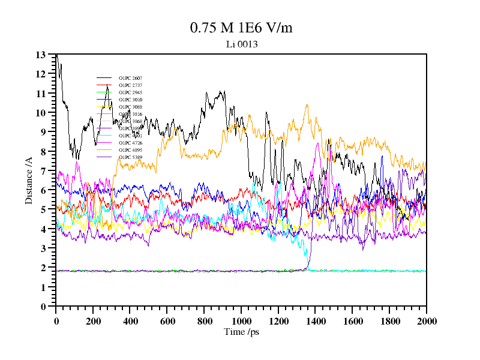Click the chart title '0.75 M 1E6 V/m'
click(x=241, y=28)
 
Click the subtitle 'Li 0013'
click(x=241, y=44)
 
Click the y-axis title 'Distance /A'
click(x=29, y=180)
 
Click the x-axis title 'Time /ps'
click(x=241, y=331)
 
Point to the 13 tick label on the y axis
click(x=41, y=55)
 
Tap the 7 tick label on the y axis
click(x=43, y=171)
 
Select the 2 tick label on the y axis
click(x=43, y=268)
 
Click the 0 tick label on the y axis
click(x=43, y=307)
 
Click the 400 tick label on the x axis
click(x=130, y=321)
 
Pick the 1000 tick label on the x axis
click(x=241, y=321)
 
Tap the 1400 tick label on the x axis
click(x=316, y=321)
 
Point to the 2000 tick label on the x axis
click(x=427, y=321)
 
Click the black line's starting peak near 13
click(x=57, y=56)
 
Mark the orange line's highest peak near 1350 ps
click(x=307, y=106)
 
